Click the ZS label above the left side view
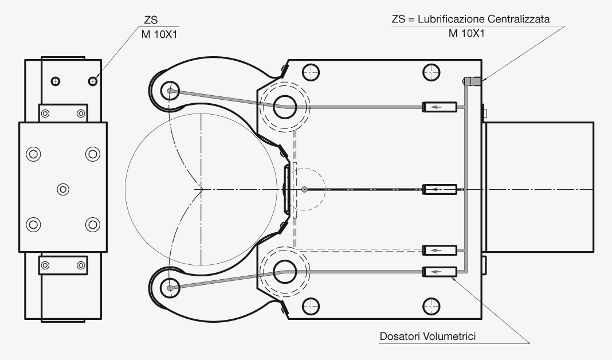[151, 20]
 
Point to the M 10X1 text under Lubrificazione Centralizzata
[466, 34]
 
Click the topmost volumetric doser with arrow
[440, 107]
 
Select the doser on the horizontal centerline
[440, 189]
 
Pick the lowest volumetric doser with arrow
[440, 272]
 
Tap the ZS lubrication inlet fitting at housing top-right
[472, 81]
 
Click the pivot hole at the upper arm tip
[170, 91]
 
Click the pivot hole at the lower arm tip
[170, 288]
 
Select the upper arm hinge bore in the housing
[285, 107]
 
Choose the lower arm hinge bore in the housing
[285, 272]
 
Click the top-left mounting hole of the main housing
[311, 72]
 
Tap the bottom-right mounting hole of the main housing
[431, 307]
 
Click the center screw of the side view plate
[63, 189]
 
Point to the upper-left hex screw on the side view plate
[33, 154]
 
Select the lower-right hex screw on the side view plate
[92, 225]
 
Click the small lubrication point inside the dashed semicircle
[304, 189]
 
